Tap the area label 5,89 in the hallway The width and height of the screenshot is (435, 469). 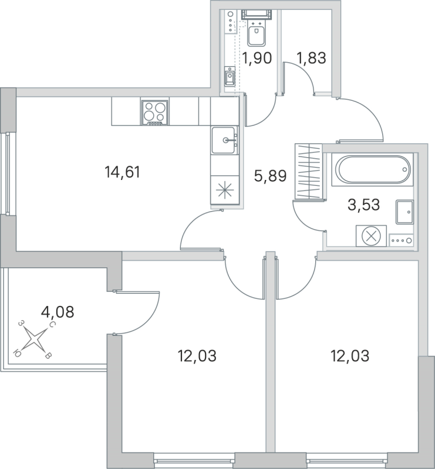pyautogui.click(x=269, y=175)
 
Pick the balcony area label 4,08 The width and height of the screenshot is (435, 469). pyautogui.click(x=58, y=311)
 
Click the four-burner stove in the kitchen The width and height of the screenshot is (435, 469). pyautogui.click(x=155, y=111)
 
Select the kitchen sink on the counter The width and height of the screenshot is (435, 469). pyautogui.click(x=225, y=141)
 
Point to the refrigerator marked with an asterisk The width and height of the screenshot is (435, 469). pyautogui.click(x=225, y=191)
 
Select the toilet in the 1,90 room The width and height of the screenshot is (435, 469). pyautogui.click(x=257, y=35)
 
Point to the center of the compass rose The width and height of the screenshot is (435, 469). pyautogui.click(x=36, y=339)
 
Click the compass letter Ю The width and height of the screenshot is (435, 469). pyautogui.click(x=19, y=353)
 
